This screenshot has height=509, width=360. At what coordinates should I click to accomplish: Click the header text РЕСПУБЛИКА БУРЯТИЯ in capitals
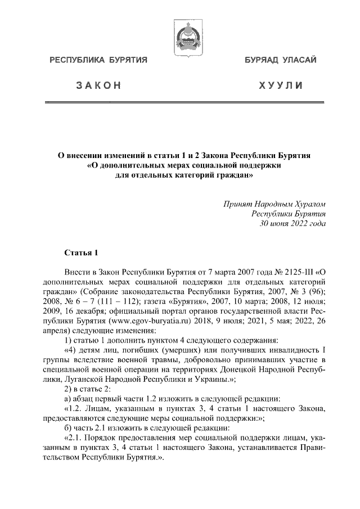99,60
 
